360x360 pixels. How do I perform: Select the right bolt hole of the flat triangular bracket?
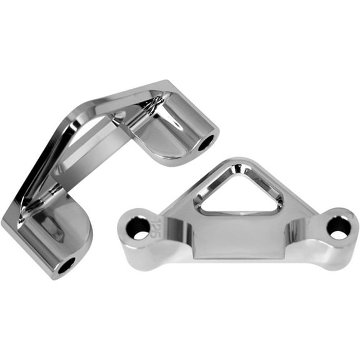(x=338, y=227)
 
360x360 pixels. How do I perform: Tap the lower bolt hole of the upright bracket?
(x=65, y=265)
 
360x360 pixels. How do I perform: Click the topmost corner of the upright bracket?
(x=164, y=82)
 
